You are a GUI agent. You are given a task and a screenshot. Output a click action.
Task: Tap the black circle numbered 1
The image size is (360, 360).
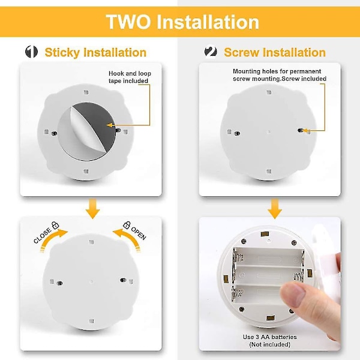tap(31, 52)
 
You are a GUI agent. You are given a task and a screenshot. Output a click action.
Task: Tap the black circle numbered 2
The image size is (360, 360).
tap(211, 52)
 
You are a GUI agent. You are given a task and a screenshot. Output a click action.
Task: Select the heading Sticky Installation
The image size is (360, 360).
tap(95, 52)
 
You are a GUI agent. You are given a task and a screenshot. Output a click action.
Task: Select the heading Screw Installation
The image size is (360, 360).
tap(274, 52)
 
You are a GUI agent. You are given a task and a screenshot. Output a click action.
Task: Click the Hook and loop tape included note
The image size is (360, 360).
tap(129, 77)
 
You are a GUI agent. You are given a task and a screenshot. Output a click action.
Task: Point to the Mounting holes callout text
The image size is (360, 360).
tap(279, 74)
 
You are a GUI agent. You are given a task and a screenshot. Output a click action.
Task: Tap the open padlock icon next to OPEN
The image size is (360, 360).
tap(127, 225)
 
